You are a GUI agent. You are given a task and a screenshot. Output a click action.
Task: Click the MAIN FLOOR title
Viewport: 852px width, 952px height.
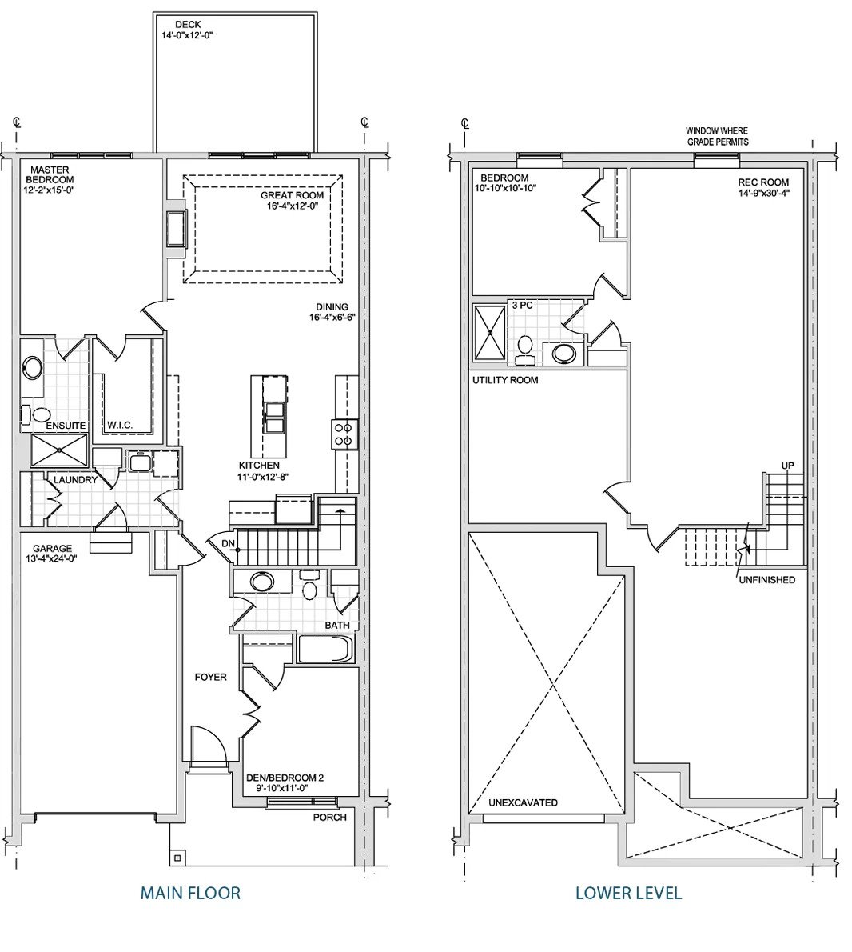click(x=190, y=893)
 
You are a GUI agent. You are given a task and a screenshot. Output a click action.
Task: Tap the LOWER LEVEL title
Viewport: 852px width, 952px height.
click(x=628, y=893)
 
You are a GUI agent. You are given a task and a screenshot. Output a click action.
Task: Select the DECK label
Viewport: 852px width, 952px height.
click(x=187, y=25)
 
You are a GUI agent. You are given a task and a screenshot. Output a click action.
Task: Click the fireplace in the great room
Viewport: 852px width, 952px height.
click(x=177, y=228)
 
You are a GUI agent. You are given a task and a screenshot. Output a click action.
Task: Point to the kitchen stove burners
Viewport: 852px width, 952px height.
click(x=344, y=434)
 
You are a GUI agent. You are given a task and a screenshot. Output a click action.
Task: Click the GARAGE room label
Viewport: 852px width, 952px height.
click(x=52, y=548)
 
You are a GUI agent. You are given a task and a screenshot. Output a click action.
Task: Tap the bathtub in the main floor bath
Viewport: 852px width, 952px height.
click(x=325, y=650)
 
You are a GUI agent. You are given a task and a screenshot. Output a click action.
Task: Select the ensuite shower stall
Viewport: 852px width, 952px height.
click(x=59, y=450)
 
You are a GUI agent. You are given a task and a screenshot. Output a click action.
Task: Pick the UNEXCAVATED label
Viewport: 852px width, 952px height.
click(x=523, y=802)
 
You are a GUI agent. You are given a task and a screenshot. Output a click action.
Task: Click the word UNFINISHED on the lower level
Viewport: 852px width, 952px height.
click(x=766, y=580)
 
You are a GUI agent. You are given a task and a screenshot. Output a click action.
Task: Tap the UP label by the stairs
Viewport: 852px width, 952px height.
click(x=787, y=466)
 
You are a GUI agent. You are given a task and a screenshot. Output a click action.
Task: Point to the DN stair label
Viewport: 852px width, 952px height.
click(x=228, y=543)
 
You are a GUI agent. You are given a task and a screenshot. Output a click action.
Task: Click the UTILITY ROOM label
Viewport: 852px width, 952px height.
click(x=505, y=380)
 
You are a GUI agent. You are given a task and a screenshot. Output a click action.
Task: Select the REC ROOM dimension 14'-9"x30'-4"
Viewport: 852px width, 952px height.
click(x=763, y=193)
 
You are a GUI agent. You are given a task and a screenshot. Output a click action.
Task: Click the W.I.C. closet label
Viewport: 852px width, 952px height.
click(x=119, y=425)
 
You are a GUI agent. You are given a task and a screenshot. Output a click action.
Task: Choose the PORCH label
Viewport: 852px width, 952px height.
click(x=330, y=818)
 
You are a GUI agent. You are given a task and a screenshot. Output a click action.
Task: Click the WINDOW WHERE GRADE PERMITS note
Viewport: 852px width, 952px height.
click(x=718, y=136)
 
